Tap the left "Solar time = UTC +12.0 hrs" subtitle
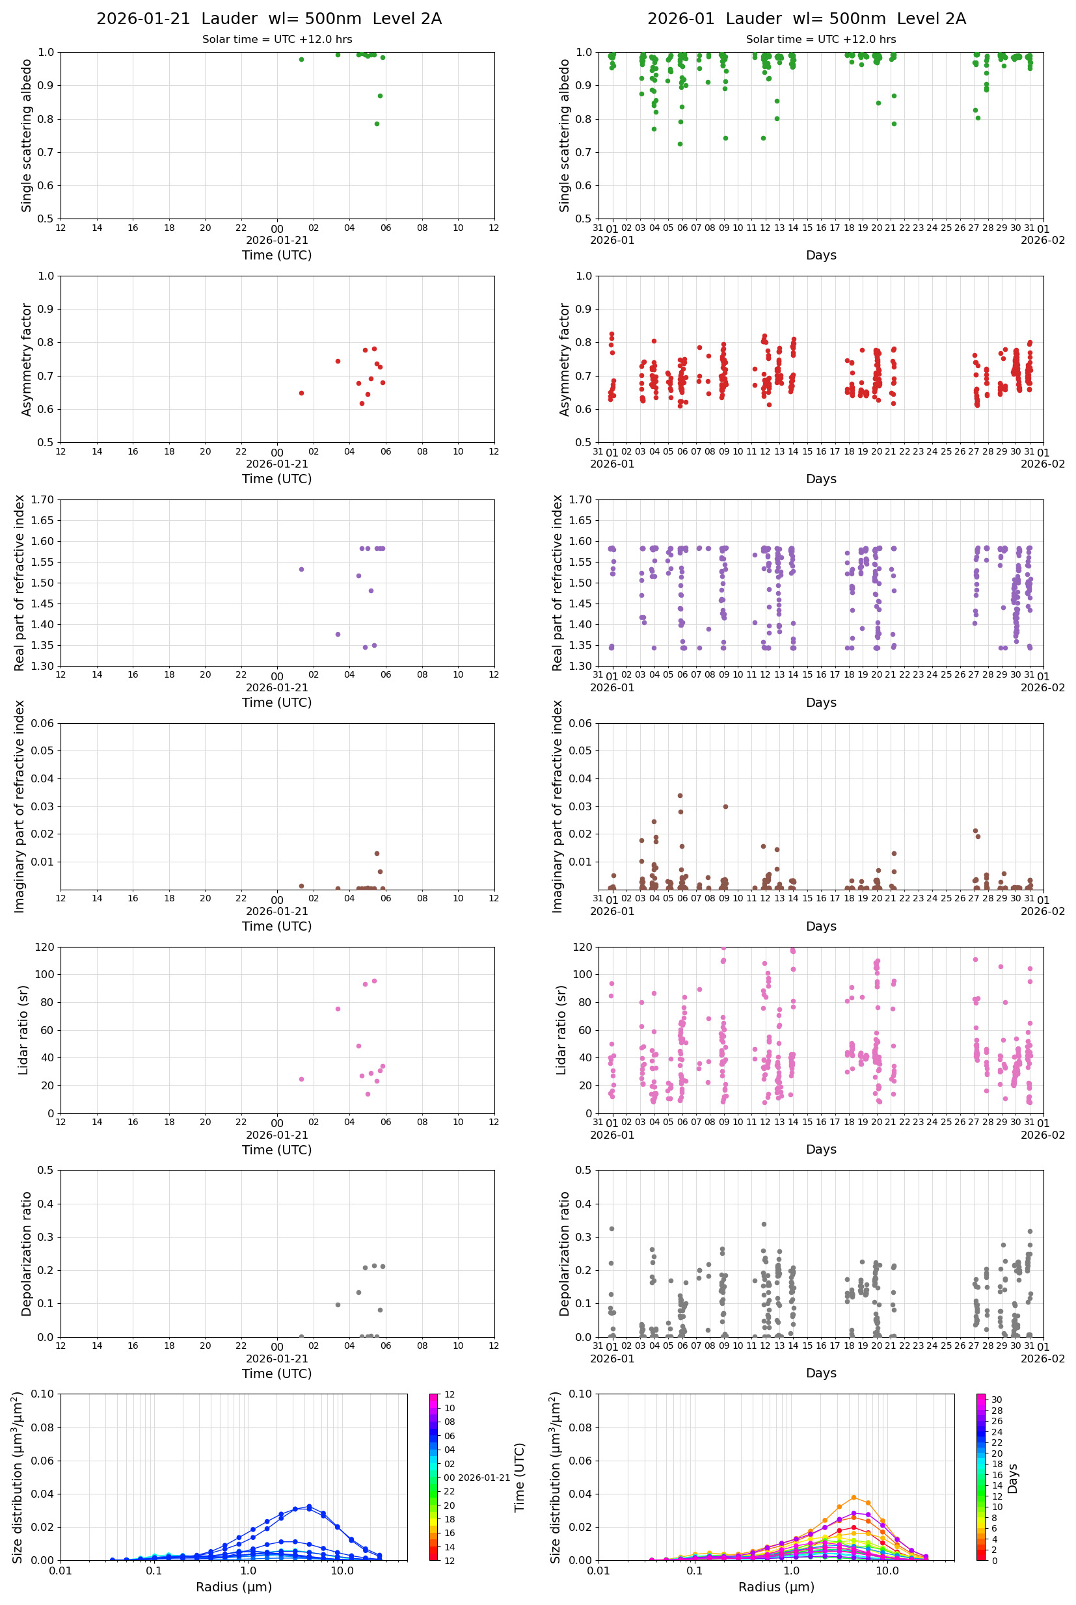pos(276,40)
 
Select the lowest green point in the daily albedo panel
pos(377,124)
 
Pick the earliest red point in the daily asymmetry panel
pos(301,393)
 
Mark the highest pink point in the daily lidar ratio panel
pos(374,981)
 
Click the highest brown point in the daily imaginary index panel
pos(377,854)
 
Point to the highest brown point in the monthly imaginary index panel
pos(680,795)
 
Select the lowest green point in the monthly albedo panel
pos(680,144)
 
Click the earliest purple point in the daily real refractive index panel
pos(301,569)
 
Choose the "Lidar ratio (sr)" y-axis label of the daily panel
pos(24,1030)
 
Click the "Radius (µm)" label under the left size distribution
pos(234,1587)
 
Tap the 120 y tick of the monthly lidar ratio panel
pos(583,948)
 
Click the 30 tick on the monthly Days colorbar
pos(997,1400)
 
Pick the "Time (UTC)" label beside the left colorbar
pos(520,1478)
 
